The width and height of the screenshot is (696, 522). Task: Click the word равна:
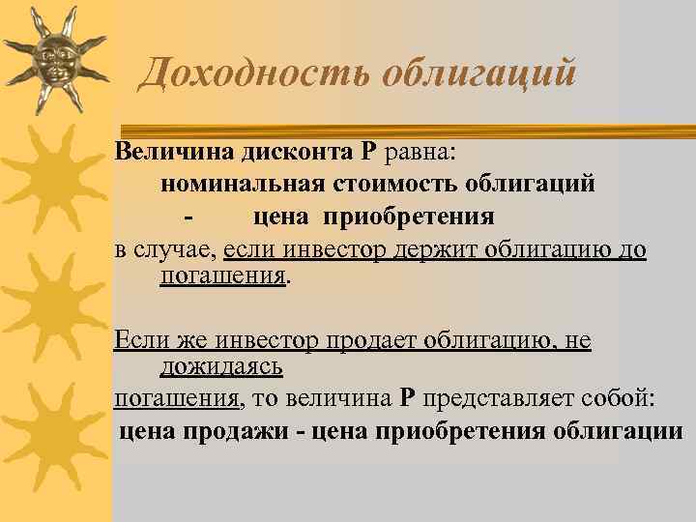coord(425,152)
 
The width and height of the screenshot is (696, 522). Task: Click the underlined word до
coord(634,248)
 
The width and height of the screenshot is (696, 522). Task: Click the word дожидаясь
coord(221,366)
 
